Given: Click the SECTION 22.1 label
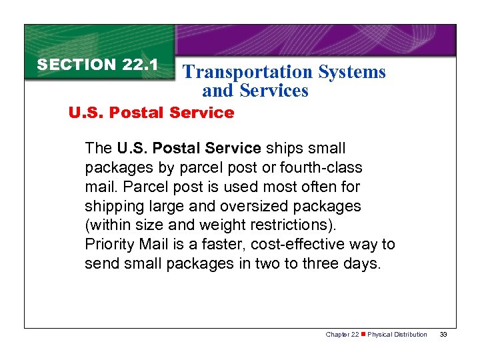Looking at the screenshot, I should (97, 65).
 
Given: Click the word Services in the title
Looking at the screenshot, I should (275, 91).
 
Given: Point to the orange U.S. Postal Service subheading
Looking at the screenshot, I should (151, 113).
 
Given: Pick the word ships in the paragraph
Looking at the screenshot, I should (283, 148).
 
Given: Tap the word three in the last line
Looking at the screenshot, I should (324, 264).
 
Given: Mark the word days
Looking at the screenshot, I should (364, 264).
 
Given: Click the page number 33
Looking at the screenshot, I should (443, 334).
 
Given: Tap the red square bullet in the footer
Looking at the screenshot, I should (363, 334).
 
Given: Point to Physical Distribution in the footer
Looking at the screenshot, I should (397, 334).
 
